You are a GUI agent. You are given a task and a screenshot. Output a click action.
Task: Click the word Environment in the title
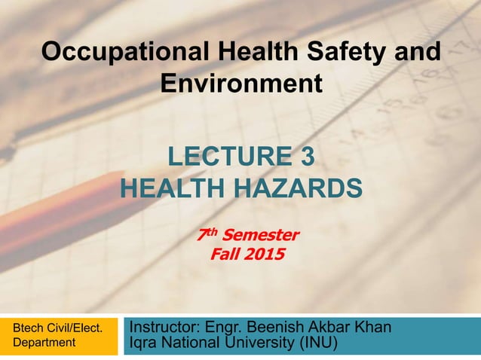pos(241,82)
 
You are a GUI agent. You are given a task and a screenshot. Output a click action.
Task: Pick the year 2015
pos(263,255)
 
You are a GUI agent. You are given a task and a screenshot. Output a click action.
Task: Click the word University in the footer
pos(259,345)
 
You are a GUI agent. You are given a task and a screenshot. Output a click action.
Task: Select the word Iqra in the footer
pos(145,345)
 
